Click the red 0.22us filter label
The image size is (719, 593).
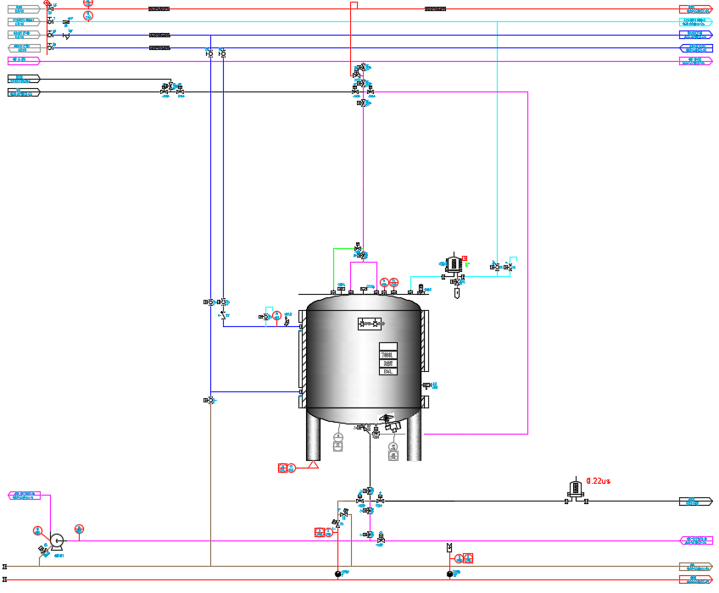click(598, 481)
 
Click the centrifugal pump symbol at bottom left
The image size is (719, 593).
click(57, 540)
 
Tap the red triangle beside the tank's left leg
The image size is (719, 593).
click(313, 465)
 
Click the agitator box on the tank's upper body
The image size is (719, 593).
click(370, 324)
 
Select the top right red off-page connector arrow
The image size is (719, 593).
click(695, 9)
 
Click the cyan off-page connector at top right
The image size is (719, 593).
click(695, 22)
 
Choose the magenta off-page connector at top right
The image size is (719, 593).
click(695, 61)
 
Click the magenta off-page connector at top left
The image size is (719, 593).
click(24, 61)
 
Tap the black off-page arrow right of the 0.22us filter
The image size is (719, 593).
click(695, 502)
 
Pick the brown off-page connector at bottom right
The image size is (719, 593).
click(695, 566)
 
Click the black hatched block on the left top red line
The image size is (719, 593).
click(159, 9)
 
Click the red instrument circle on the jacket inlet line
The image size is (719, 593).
click(276, 315)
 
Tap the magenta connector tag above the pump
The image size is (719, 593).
click(24, 496)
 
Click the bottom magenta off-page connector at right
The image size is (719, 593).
click(695, 540)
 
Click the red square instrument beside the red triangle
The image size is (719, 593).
click(282, 467)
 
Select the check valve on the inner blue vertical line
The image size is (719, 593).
click(223, 315)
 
